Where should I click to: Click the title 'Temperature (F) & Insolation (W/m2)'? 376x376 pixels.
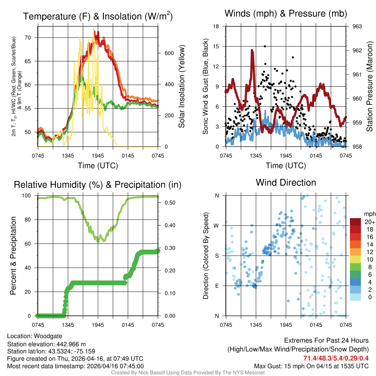[x=98, y=17]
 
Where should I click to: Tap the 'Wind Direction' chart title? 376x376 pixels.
[x=286, y=182]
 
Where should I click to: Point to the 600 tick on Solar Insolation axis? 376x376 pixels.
[x=169, y=53]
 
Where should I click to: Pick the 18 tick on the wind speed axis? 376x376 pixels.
[x=216, y=26]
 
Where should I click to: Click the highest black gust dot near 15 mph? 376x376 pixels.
[x=265, y=46]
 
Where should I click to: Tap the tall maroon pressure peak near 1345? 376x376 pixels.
[x=252, y=51]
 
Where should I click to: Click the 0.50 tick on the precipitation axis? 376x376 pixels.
[x=167, y=203]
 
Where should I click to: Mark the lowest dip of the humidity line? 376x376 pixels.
[x=98, y=241]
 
